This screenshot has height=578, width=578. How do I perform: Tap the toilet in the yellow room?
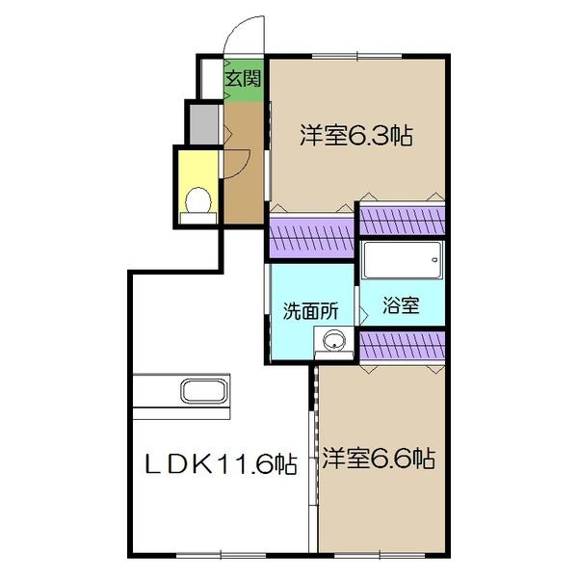point(198,201)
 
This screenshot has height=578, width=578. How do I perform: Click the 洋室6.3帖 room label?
point(355,136)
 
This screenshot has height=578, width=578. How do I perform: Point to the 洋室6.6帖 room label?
point(379,460)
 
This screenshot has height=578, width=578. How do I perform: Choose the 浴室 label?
point(401,308)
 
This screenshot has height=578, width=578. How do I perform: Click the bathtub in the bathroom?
point(403,261)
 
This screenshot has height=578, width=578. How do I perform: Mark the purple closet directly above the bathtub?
point(402,219)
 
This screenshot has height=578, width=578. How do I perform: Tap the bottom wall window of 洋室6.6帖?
point(385,552)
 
